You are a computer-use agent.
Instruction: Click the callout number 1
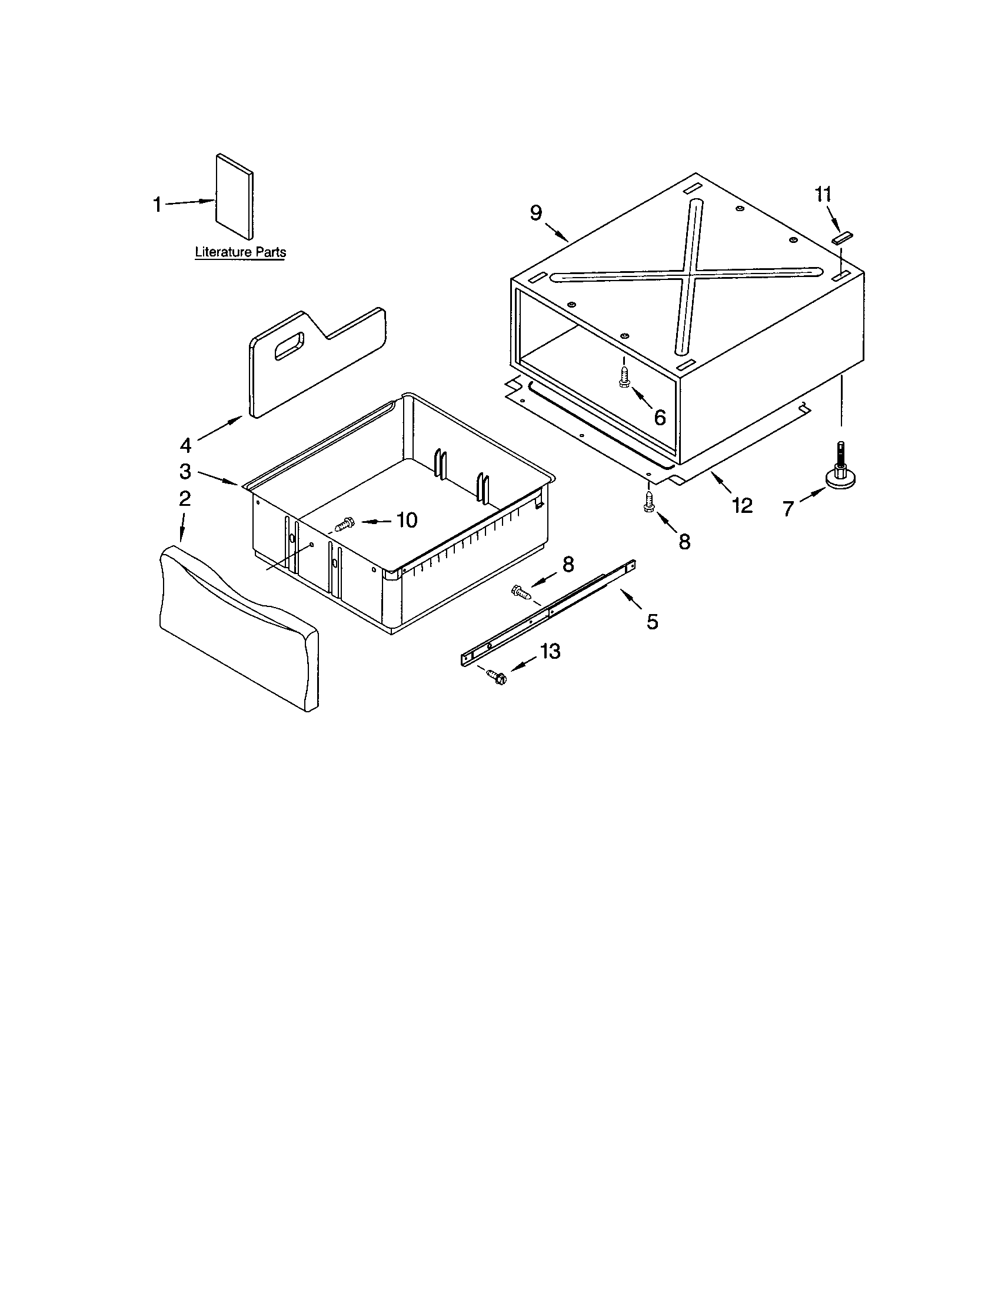click(x=157, y=205)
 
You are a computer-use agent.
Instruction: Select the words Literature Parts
click(x=241, y=252)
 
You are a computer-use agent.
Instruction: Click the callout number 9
click(x=535, y=213)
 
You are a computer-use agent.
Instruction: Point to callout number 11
click(x=823, y=194)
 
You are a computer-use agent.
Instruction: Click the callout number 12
click(x=742, y=505)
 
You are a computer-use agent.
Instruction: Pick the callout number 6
click(x=660, y=417)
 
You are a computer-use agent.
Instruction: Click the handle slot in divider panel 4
click(x=288, y=345)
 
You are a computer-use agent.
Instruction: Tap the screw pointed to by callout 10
click(x=344, y=523)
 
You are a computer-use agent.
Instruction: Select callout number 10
click(x=407, y=519)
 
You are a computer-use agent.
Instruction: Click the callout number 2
click(x=185, y=498)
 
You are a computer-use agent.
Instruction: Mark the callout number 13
click(x=550, y=652)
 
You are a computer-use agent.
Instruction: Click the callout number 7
click(x=787, y=508)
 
